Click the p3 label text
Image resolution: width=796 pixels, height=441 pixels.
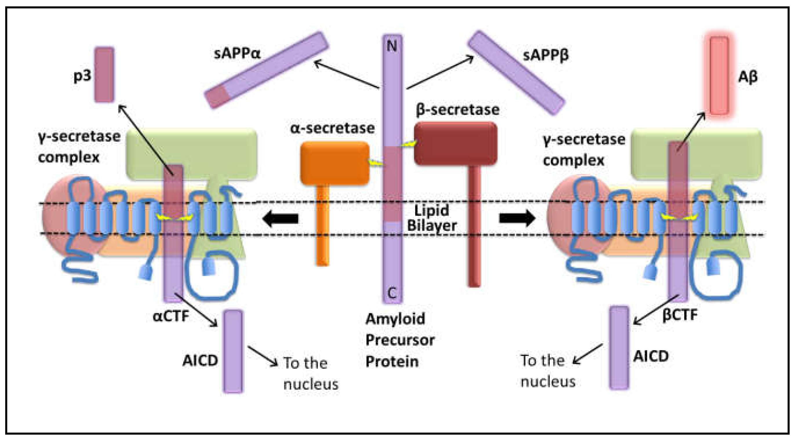coord(82,76)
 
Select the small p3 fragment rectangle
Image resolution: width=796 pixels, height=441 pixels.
coord(104,74)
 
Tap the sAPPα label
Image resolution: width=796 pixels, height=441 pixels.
coord(237,54)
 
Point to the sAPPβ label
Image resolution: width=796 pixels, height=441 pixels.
coord(545,56)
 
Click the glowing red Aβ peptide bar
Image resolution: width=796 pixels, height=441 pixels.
coord(719,75)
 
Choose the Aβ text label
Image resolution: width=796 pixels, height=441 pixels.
coord(748,77)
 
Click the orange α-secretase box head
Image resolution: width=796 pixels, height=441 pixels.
coord(335,163)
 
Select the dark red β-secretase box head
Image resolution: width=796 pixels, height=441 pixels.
coord(455,143)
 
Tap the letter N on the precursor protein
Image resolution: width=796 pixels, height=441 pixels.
coord(392,46)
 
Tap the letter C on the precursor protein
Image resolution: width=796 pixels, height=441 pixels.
coord(392,292)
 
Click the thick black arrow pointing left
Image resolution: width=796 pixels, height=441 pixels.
coord(280,218)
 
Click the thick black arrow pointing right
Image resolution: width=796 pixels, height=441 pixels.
coord(517,218)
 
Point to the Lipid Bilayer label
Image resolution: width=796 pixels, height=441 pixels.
coord(431,218)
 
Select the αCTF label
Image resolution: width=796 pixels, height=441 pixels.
coord(171,316)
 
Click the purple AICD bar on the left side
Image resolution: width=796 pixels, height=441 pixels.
coord(233,351)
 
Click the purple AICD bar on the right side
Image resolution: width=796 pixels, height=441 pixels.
coord(619,347)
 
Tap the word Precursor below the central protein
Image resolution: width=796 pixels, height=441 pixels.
coord(400,340)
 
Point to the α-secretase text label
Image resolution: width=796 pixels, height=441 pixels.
coord(332,128)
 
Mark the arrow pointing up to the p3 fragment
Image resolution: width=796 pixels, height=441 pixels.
coord(145,139)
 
